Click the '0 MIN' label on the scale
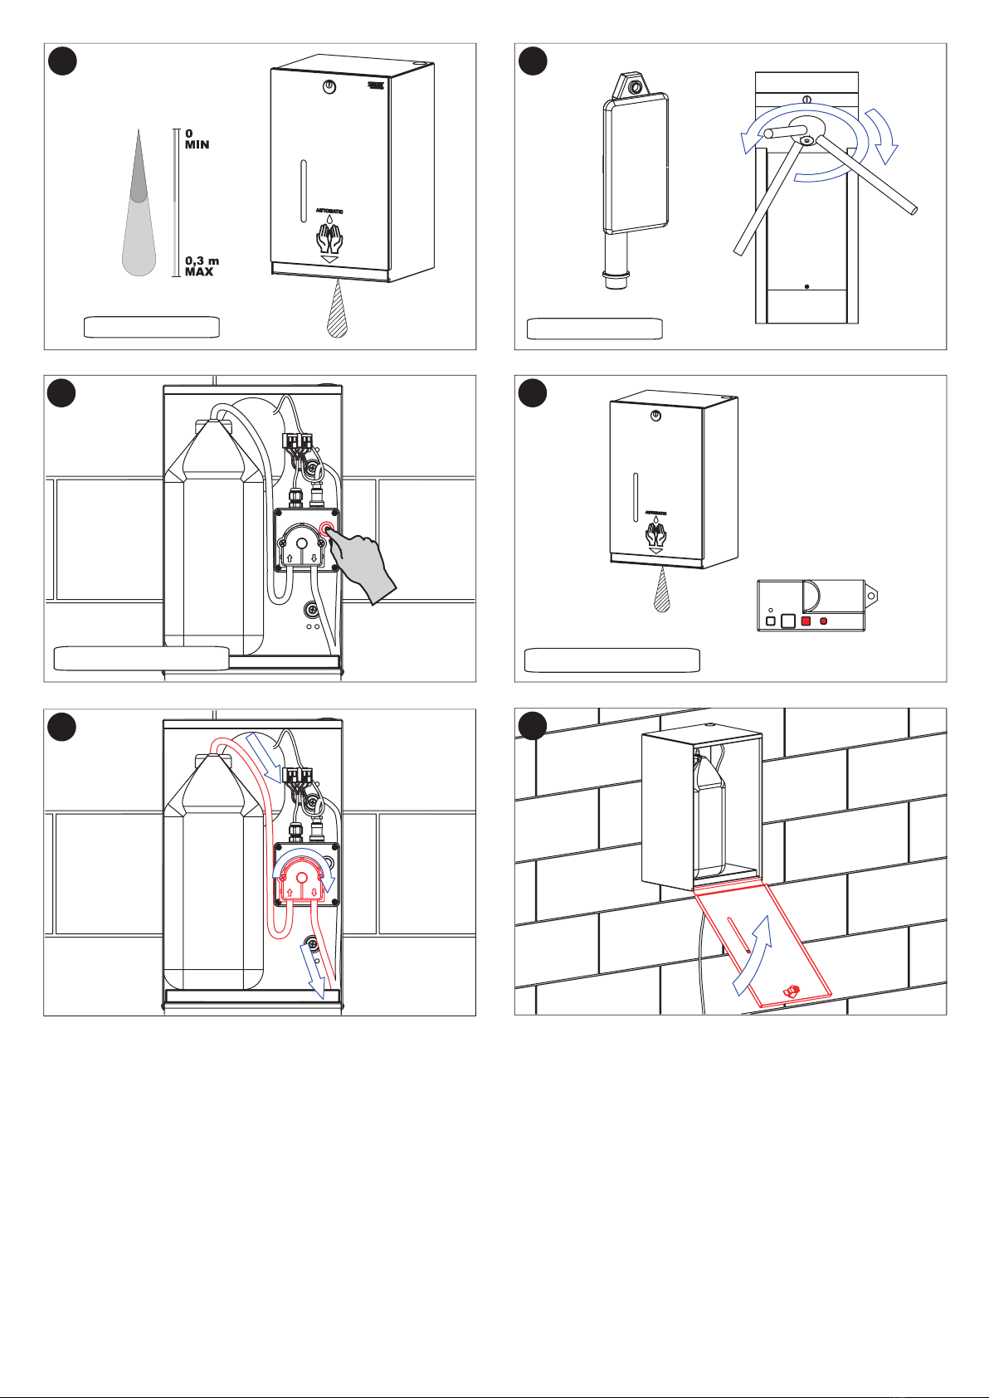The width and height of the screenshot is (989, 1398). (197, 139)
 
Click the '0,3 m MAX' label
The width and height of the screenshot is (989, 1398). (202, 266)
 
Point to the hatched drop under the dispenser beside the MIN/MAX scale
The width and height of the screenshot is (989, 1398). (336, 309)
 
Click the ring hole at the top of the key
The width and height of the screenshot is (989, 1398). (634, 87)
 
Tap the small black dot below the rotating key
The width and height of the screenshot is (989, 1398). (806, 286)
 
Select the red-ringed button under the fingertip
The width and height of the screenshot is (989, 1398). (328, 529)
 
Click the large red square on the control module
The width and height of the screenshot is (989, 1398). (806, 621)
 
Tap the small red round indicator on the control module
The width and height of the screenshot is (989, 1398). (824, 621)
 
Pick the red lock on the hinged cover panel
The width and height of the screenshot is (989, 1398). (792, 991)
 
